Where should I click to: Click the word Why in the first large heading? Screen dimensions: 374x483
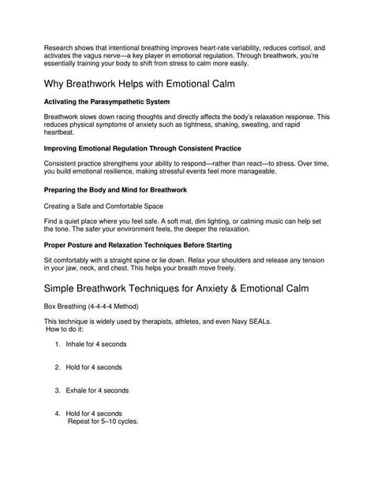57,83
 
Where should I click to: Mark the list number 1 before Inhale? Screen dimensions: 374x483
58,366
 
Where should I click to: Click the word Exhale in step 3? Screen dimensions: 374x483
78,390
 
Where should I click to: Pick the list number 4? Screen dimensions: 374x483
58,413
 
